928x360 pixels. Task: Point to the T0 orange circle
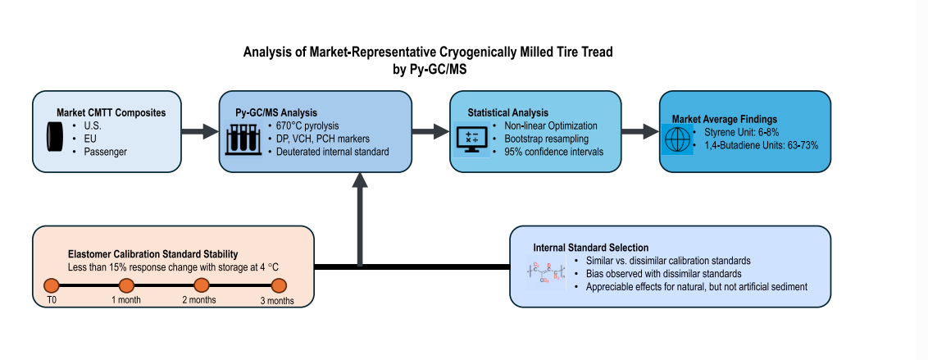pyautogui.click(x=51, y=285)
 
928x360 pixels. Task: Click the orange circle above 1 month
pyautogui.click(x=126, y=285)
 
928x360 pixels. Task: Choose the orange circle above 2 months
pyautogui.click(x=202, y=285)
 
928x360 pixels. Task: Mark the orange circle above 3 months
pyautogui.click(x=278, y=285)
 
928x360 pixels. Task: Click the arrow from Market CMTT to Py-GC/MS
pyautogui.click(x=199, y=131)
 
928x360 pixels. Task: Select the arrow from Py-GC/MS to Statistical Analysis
pyautogui.click(x=429, y=131)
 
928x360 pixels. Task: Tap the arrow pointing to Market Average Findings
pyautogui.click(x=639, y=131)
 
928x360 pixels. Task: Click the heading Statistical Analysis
pyautogui.click(x=507, y=112)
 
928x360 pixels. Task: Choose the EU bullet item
pyautogui.click(x=90, y=139)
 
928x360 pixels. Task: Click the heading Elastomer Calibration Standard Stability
pyautogui.click(x=152, y=254)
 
